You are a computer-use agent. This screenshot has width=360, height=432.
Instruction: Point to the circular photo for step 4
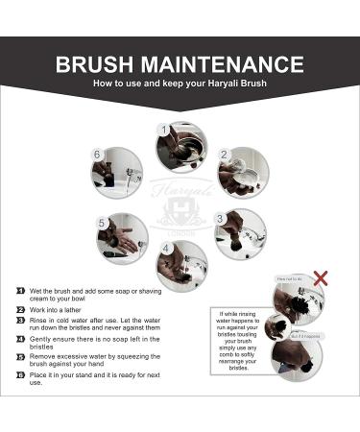181,264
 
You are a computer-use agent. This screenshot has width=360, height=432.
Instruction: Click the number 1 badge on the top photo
163,128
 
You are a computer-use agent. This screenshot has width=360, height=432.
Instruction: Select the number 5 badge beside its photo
101,223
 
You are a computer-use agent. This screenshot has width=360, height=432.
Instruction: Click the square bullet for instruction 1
20,289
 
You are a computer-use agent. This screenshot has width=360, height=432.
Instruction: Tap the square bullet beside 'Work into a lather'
20,309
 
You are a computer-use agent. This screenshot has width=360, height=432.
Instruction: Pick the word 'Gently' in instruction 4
42,340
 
